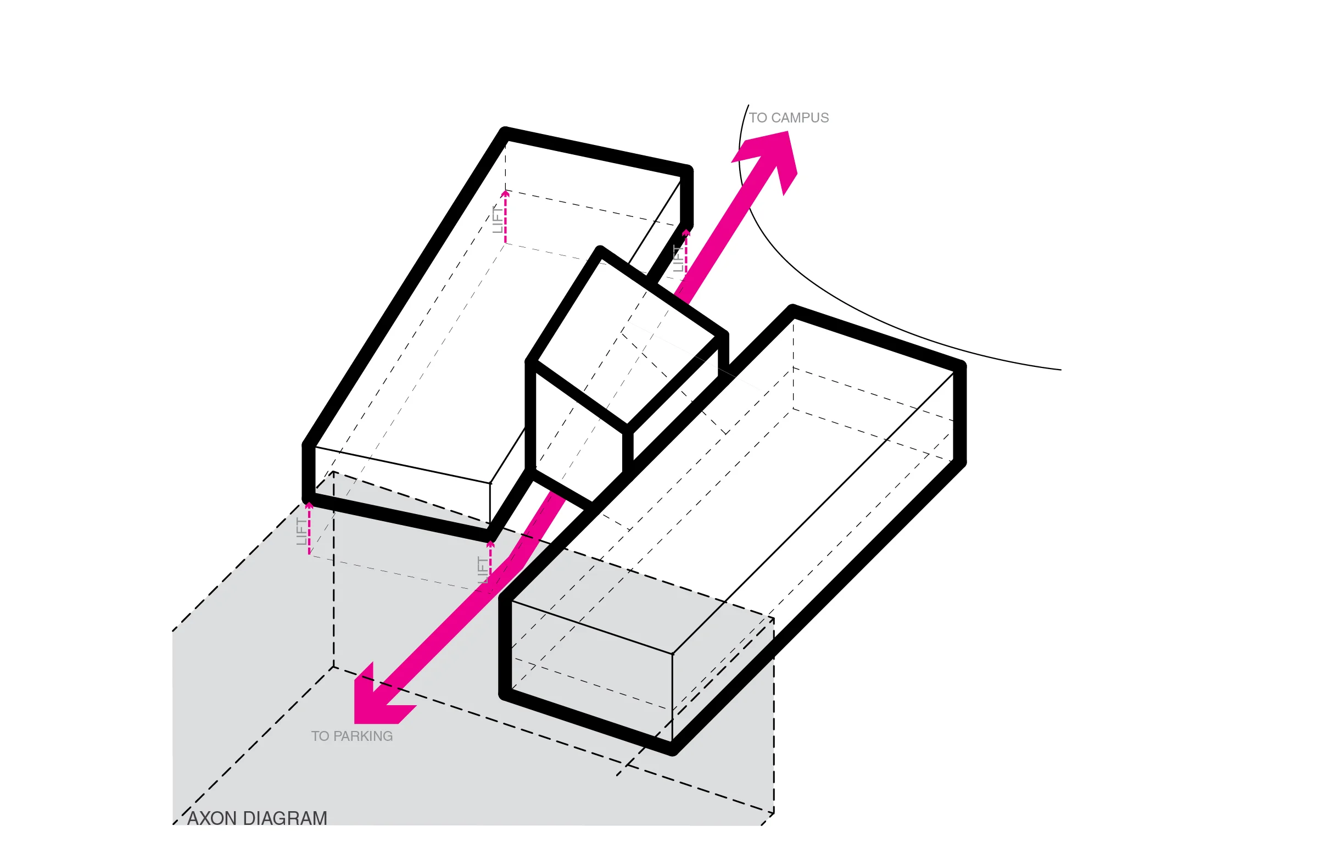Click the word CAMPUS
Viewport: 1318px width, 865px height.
click(799, 118)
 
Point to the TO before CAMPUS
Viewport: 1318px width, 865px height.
click(757, 118)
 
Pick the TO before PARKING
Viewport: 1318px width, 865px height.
click(320, 736)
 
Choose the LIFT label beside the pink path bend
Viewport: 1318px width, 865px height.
click(482, 571)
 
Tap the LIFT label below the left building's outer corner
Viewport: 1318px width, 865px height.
click(301, 532)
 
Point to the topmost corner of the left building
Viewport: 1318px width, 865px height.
click(505, 132)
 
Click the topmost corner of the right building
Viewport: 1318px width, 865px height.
click(793, 310)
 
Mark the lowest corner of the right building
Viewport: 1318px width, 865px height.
click(672, 750)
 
